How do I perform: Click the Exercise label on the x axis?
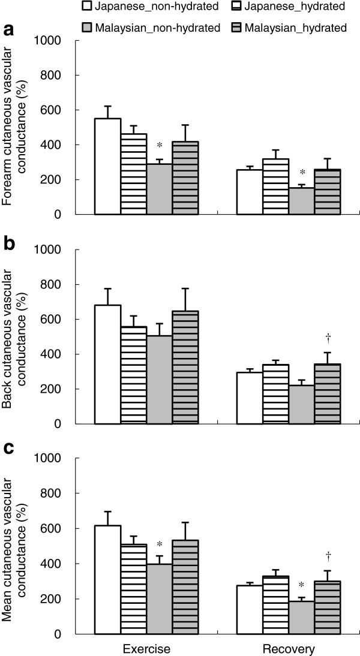[146, 649]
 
